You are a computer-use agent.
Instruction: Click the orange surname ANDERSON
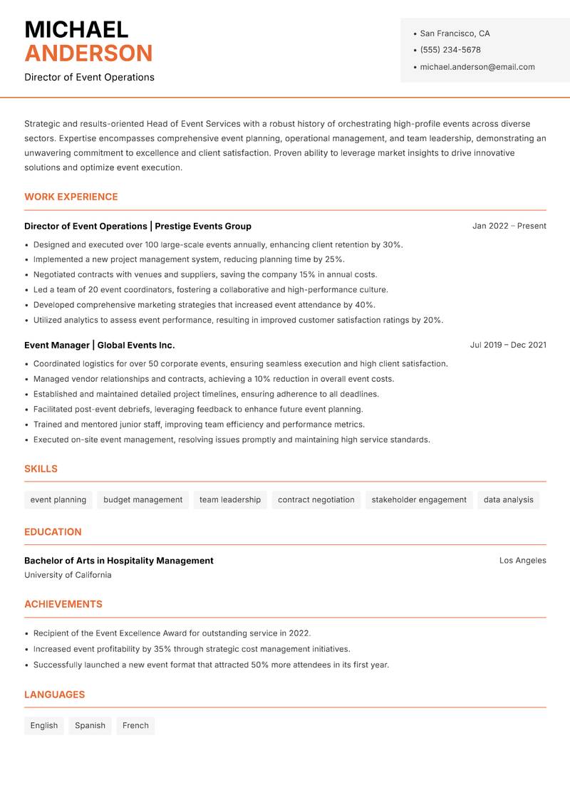point(88,53)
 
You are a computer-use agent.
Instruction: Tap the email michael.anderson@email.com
point(477,67)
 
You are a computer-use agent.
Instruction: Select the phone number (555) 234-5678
point(450,50)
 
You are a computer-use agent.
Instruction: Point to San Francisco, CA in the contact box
point(455,33)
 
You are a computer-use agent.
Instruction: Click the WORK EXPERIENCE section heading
point(71,197)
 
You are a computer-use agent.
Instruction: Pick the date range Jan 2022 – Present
point(509,226)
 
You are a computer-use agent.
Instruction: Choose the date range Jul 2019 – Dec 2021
point(508,345)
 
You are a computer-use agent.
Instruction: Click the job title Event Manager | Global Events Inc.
point(99,345)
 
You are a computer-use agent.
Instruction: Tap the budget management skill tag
point(142,500)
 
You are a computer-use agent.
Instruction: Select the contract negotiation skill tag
point(316,500)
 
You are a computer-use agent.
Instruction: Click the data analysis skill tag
point(508,500)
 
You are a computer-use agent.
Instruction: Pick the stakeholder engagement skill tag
point(419,500)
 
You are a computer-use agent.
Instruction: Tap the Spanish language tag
point(90,726)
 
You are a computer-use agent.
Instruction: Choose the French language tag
point(135,726)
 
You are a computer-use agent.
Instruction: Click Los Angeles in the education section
point(522,561)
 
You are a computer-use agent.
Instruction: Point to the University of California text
point(68,575)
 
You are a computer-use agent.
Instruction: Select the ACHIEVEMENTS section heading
point(63,604)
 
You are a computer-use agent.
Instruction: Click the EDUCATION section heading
point(53,532)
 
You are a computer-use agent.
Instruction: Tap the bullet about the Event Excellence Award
point(172,633)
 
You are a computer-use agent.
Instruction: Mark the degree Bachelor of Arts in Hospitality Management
point(119,561)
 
